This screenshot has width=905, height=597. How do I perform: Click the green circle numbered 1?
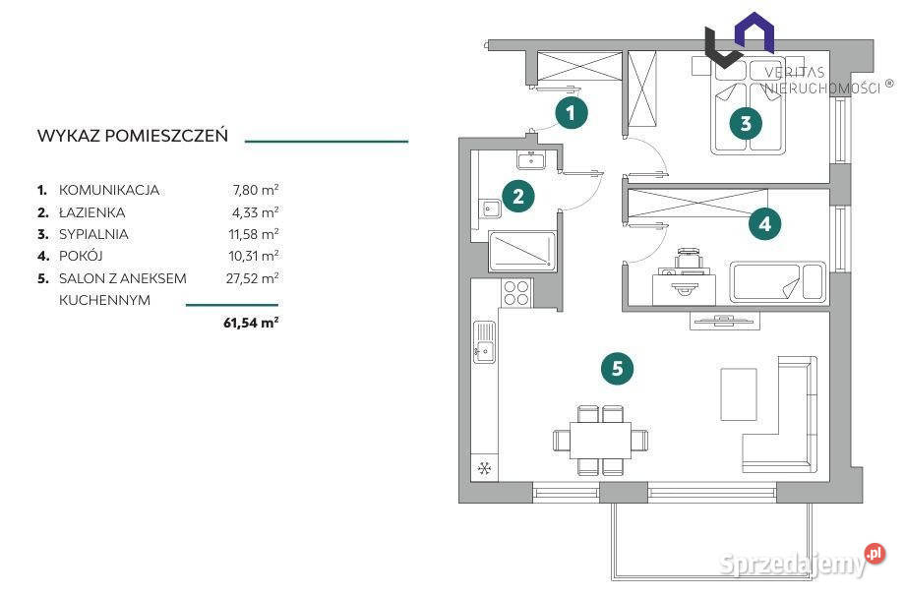point(572,113)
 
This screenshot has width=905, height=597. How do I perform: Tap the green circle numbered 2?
point(517,196)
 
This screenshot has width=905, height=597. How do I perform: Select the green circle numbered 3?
point(745,123)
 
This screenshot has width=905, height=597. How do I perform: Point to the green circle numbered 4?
point(764,223)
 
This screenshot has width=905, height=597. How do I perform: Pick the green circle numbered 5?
point(617,368)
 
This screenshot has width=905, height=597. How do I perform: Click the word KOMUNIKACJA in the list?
point(109,191)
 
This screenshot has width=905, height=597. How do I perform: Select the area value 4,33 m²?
point(255,212)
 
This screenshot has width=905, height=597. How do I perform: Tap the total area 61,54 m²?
point(251,323)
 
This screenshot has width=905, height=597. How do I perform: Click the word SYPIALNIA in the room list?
point(93,234)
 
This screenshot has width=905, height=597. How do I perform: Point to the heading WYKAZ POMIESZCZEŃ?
point(133,136)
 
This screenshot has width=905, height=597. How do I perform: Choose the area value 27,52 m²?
point(252,278)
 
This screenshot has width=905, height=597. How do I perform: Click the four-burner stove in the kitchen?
point(516,293)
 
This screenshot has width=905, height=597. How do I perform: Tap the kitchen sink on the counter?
point(484,342)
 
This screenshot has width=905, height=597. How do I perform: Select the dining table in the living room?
point(600,440)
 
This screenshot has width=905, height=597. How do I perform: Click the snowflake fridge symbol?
point(484,468)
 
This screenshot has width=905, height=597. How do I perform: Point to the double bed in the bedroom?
point(749,105)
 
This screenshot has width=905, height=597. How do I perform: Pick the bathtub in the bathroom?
point(522,251)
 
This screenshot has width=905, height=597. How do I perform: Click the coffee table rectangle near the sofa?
point(738,394)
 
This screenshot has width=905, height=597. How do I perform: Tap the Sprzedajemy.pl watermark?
point(803,562)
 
